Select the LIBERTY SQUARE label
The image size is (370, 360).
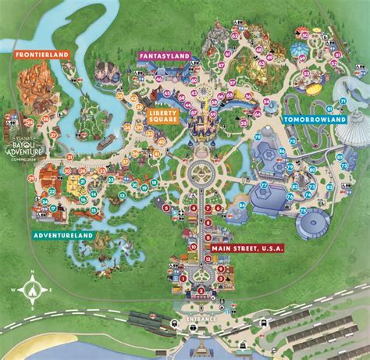pyautogui.click(x=162, y=116)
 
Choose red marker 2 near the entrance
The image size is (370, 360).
pyautogui.click(x=201, y=290)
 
